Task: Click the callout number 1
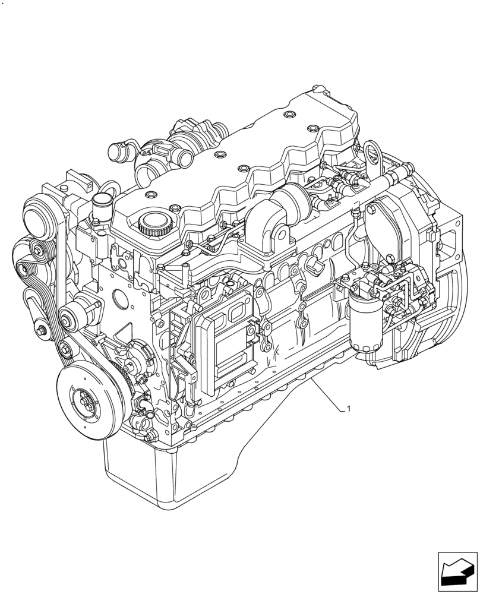click(349, 409)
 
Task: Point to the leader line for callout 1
click(330, 397)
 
